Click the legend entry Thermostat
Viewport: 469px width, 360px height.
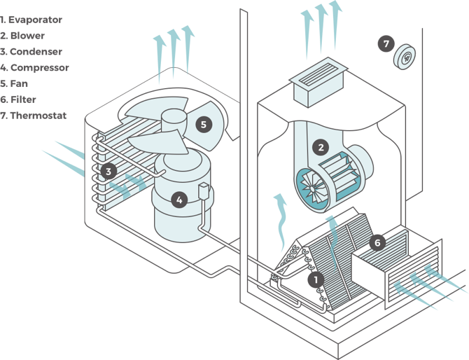point(38,116)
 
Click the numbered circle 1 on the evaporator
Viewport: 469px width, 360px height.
point(316,279)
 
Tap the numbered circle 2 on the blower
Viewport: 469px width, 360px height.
point(321,147)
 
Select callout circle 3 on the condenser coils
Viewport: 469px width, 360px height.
point(108,170)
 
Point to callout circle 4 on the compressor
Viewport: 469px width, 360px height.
point(179,200)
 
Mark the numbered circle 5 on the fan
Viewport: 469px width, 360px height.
point(203,125)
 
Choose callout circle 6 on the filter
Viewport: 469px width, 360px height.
point(377,242)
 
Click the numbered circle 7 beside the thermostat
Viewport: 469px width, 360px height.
point(386,43)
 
